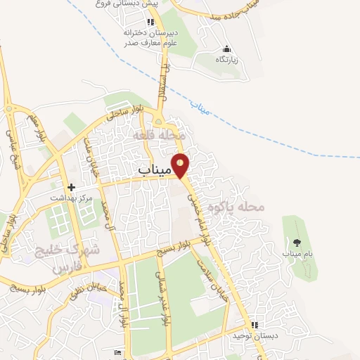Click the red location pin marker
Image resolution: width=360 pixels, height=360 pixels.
tap(181, 165)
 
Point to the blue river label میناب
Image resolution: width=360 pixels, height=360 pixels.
tap(201, 106)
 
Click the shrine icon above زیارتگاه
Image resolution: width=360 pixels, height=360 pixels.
tap(226, 49)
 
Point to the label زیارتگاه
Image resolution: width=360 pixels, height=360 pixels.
tap(226, 59)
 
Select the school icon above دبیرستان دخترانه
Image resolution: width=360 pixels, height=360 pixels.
tap(150, 22)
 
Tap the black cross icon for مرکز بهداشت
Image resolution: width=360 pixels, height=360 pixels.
tap(70, 188)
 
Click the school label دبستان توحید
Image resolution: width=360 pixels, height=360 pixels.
tap(257, 336)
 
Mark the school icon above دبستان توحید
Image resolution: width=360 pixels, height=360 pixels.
tap(255, 326)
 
